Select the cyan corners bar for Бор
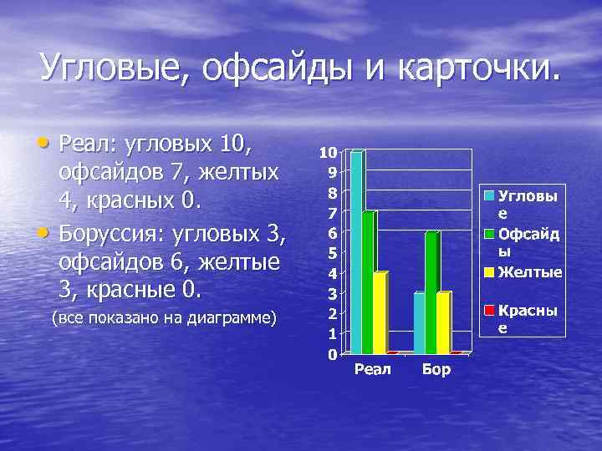420,323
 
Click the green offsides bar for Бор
431,292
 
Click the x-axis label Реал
373,369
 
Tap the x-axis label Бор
436,369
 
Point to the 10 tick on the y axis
328,153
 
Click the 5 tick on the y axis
332,253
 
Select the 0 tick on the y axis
332,354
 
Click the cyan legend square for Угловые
491,195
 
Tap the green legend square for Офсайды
491,233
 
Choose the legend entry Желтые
530,271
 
